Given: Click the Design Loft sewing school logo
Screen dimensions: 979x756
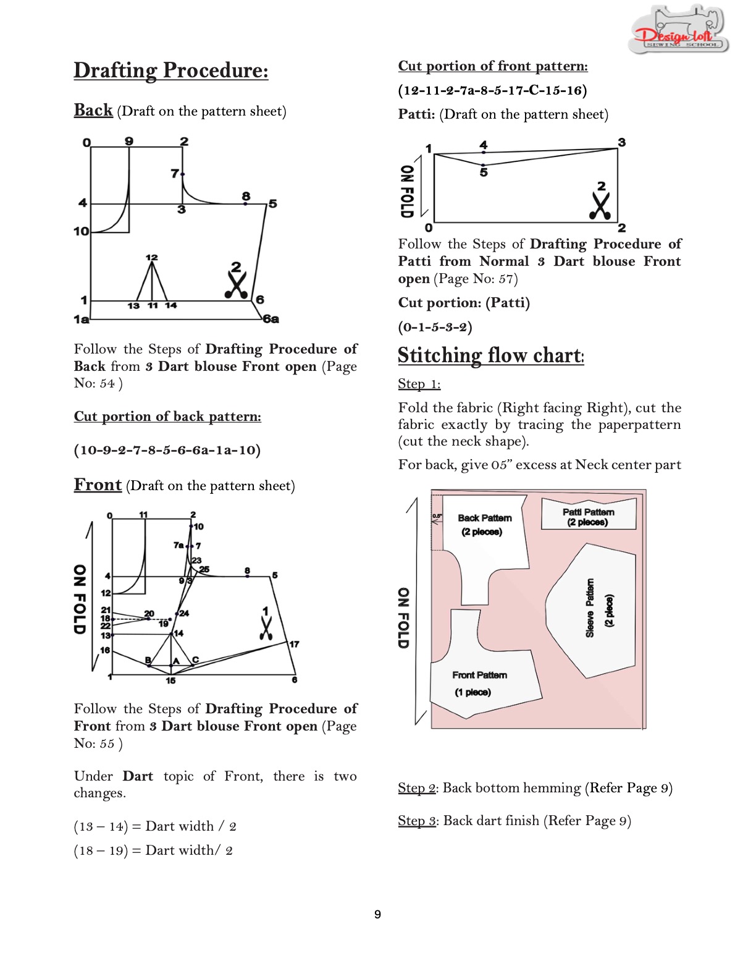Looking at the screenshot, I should [x=678, y=31].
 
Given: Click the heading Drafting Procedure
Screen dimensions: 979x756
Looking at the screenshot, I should [x=171, y=70].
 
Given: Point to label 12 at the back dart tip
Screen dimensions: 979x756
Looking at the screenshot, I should [x=151, y=257].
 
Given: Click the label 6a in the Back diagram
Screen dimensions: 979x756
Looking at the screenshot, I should [x=271, y=320].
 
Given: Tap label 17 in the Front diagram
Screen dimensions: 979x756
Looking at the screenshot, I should [x=295, y=644].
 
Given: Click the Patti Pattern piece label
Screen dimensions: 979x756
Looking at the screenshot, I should [x=588, y=517].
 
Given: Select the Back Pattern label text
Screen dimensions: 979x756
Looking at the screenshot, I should [x=484, y=518].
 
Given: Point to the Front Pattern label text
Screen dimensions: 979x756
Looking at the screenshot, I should [x=479, y=675].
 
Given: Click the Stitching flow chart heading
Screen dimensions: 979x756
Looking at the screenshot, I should [x=490, y=355].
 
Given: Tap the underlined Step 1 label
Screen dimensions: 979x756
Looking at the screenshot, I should [x=419, y=384].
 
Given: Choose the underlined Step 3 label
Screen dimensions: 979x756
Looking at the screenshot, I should [x=417, y=821].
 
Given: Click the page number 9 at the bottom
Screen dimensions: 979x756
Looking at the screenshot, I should [x=377, y=914].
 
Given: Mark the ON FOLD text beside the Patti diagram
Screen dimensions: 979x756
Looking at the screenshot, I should [x=406, y=191].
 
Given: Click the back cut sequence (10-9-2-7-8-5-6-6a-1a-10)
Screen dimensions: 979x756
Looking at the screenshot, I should [x=167, y=450].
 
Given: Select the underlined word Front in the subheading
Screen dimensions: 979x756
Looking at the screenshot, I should [x=98, y=485].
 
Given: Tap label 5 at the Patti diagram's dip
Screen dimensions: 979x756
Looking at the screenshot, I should [x=484, y=172].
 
